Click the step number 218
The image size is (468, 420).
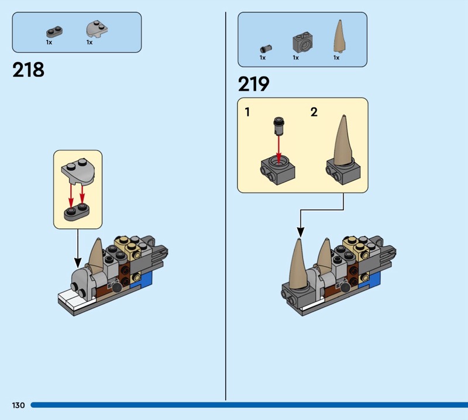[x=28, y=70]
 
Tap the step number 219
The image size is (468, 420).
[x=254, y=84]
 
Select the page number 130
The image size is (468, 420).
[x=19, y=405]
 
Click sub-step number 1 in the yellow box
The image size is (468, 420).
[x=247, y=112]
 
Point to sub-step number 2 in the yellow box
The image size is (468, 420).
[x=314, y=112]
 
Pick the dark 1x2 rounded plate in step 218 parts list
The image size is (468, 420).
[x=54, y=32]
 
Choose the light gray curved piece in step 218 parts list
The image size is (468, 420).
[x=97, y=29]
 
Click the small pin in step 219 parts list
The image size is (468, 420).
[x=266, y=49]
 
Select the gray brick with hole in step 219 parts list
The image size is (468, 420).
[x=302, y=42]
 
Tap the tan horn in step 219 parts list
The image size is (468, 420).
[x=339, y=36]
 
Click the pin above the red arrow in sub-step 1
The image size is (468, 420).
[x=279, y=125]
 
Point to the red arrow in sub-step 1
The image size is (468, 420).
[x=279, y=149]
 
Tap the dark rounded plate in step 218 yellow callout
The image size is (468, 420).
[x=77, y=212]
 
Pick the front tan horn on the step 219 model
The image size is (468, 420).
[x=299, y=264]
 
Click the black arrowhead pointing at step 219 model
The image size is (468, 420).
[x=301, y=232]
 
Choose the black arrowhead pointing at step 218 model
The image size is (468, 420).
[x=78, y=263]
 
